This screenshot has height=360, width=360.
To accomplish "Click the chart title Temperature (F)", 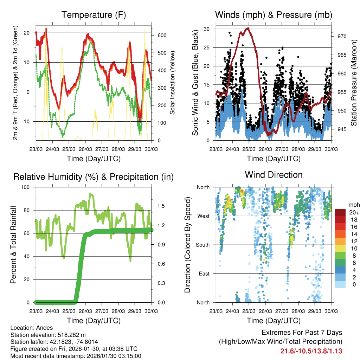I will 94,15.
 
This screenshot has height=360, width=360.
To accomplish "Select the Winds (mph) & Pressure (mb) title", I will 274,15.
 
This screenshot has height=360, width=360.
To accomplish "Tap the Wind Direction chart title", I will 274,175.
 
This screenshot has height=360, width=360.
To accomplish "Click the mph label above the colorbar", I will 353,205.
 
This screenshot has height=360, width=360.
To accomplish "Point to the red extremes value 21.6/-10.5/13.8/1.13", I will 311,351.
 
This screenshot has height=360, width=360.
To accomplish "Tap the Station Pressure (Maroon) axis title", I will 354,83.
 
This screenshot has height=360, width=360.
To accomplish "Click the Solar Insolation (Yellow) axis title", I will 173,83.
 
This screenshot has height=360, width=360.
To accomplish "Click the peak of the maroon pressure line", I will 248,28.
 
